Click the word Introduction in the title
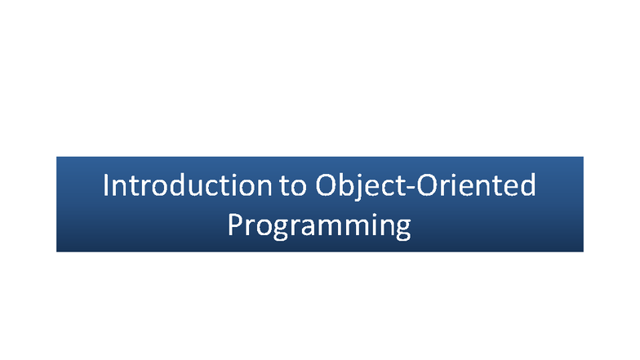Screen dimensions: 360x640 pyautogui.click(x=186, y=185)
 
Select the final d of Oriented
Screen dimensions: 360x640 pyautogui.click(x=527, y=185)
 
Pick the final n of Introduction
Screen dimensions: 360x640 pyautogui.click(x=260, y=187)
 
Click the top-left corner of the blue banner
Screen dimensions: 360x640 pyautogui.click(x=57, y=158)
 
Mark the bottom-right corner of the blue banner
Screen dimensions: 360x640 pyautogui.click(x=582, y=250)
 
